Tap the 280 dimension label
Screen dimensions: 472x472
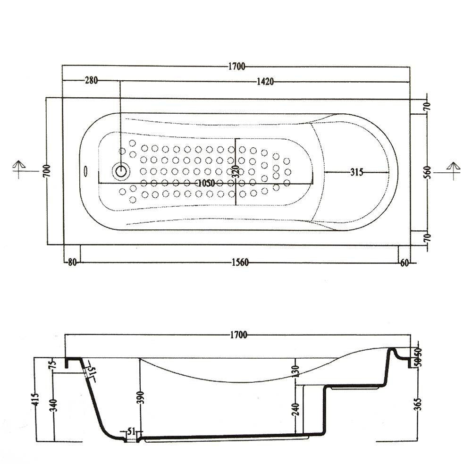pyautogui.click(x=91, y=80)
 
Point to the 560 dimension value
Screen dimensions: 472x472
pyautogui.click(x=427, y=172)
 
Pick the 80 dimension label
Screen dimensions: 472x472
pyautogui.click(x=72, y=263)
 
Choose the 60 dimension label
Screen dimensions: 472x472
pyautogui.click(x=404, y=263)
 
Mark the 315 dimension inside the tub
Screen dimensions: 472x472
pyautogui.click(x=357, y=172)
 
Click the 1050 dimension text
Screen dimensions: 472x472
pyautogui.click(x=207, y=183)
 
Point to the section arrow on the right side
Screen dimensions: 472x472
pyautogui.click(x=453, y=169)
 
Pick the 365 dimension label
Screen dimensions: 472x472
pyautogui.click(x=419, y=404)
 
